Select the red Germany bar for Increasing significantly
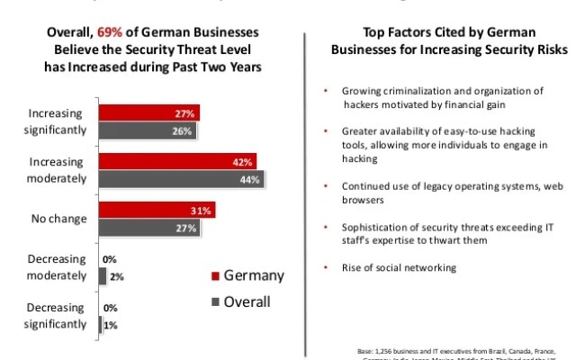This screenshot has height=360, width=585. coord(148,113)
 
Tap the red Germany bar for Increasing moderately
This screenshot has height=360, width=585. coord(177,163)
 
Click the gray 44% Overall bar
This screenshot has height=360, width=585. coord(180,179)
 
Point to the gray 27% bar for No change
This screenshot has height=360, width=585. coord(148,228)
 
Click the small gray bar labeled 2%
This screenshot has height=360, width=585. coord(102,277)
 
